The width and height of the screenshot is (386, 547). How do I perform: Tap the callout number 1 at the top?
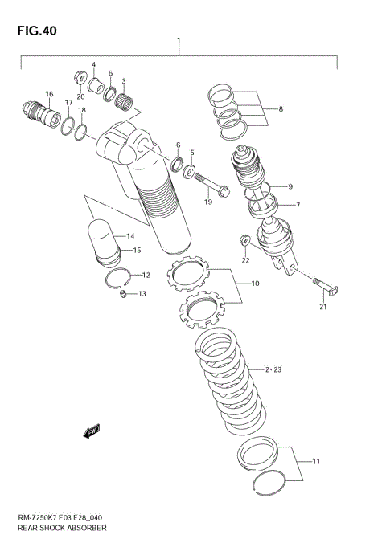coord(179,39)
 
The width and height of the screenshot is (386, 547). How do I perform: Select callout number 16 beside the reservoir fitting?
coord(49,95)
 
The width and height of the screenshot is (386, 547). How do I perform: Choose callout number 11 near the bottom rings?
coord(316,462)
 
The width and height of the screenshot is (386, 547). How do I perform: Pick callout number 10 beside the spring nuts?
coord(254,284)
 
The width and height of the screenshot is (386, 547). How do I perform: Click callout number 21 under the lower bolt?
coord(322,307)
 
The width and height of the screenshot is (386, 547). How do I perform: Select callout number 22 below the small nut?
coord(245,260)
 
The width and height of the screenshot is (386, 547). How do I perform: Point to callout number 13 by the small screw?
coord(142,294)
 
